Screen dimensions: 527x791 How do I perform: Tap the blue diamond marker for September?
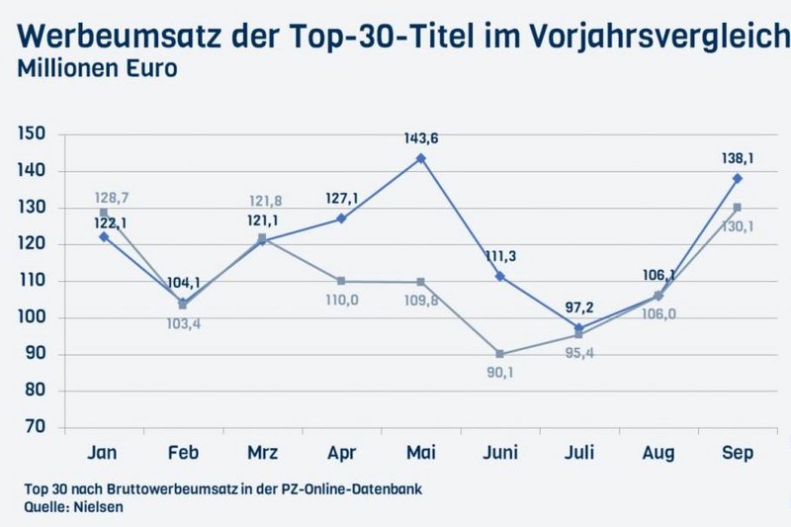click(738, 179)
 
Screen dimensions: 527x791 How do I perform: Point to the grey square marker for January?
click(104, 213)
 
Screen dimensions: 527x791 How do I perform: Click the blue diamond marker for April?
click(341, 219)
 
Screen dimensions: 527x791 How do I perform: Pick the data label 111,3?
click(500, 255)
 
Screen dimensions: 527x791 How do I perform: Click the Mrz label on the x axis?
click(262, 453)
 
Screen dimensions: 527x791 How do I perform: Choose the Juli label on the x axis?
click(578, 453)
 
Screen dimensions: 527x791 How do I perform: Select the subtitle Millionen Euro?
click(96, 70)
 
